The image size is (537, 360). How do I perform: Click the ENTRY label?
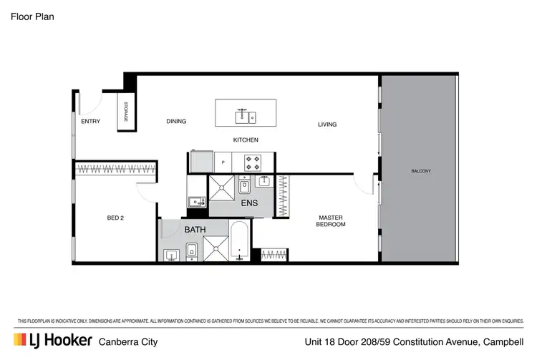tap(90, 121)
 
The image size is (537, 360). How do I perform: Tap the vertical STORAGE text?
tap(125, 112)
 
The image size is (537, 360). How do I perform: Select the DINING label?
tap(176, 121)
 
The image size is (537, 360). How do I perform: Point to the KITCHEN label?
tap(246, 140)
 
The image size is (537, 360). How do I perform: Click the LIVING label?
tap(327, 125)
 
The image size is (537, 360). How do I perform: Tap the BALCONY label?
tap(421, 170)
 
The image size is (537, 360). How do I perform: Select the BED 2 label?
tap(116, 218)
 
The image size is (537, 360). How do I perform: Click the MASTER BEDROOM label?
tap(331, 221)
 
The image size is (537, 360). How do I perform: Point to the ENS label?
tap(249, 203)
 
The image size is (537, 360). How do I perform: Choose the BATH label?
tap(195, 230)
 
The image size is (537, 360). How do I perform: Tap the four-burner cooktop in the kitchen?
tap(251, 160)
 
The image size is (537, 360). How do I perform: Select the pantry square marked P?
tap(223, 162)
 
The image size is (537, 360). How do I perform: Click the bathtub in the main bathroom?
tap(240, 242)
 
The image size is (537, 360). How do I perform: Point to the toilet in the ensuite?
tap(244, 186)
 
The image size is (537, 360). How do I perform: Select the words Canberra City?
tap(127, 341)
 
